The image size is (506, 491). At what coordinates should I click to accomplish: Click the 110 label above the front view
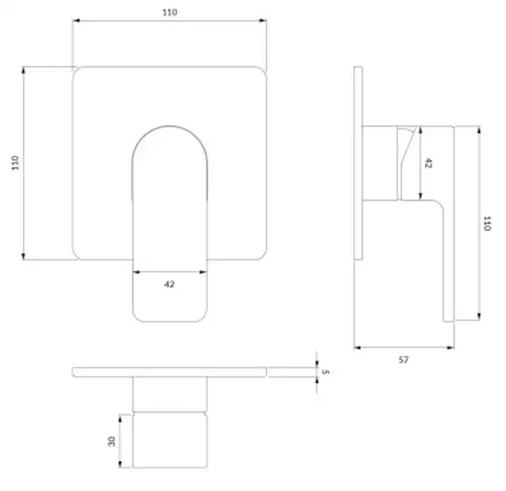170,13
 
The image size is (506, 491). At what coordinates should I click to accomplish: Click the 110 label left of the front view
15,163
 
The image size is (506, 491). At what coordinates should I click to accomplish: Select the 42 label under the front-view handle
170,284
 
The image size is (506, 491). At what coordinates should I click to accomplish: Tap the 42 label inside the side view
428,163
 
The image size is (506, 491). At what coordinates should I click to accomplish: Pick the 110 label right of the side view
487,224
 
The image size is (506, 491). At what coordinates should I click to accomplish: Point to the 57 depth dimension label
403,359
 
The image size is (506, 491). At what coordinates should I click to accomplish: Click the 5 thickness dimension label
326,372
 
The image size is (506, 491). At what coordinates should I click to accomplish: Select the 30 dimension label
111,441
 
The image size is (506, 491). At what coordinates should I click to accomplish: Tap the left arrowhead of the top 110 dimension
76,21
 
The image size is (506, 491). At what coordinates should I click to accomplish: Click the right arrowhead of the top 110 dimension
262,21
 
